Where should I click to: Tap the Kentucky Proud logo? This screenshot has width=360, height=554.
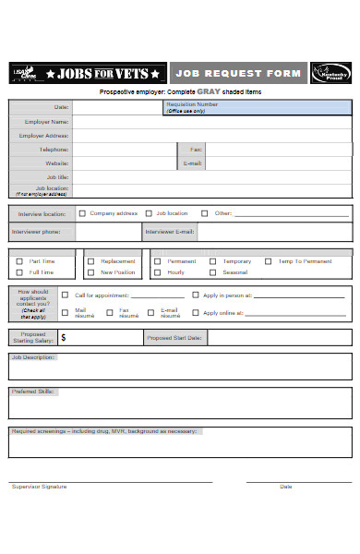click(x=330, y=73)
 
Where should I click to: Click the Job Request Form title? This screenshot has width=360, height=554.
click(x=238, y=73)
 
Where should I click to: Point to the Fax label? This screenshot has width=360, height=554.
click(x=196, y=149)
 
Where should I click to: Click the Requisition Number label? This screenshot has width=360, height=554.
click(x=192, y=105)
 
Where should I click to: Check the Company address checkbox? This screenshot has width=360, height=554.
click(x=83, y=212)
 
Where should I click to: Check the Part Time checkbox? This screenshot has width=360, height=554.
click(x=19, y=261)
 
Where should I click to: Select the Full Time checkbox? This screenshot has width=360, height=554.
click(x=19, y=272)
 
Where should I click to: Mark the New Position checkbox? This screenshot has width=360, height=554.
click(x=90, y=272)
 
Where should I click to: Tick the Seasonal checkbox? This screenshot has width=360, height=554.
click(x=213, y=272)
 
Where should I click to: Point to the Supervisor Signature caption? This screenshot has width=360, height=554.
click(x=40, y=487)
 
